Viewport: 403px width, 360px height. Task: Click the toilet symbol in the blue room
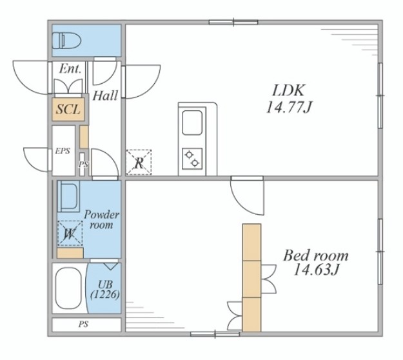(x=66, y=41)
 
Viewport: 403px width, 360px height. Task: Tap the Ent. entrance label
(x=70, y=68)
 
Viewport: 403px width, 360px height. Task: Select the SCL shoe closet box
(x=68, y=109)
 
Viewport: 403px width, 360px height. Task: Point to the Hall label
(x=105, y=95)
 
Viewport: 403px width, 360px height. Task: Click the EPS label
(x=63, y=151)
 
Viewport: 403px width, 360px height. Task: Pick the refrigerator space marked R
(x=139, y=163)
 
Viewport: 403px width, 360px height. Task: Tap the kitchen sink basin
(x=192, y=123)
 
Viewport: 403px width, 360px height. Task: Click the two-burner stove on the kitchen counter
(x=192, y=159)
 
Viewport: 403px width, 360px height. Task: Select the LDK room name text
(x=288, y=90)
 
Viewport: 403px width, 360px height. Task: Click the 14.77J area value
(x=289, y=107)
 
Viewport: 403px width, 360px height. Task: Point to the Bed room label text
(x=316, y=255)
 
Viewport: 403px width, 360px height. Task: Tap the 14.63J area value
(x=317, y=270)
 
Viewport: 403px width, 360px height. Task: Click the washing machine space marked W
(x=70, y=234)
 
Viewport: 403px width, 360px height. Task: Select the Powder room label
(x=101, y=219)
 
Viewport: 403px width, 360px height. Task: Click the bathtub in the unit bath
(x=68, y=288)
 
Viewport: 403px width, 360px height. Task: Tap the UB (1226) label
(x=105, y=290)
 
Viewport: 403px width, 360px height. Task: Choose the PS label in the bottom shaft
(x=83, y=325)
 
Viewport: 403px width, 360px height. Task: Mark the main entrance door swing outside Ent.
(x=30, y=77)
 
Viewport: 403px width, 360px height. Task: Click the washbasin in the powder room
(x=68, y=196)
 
